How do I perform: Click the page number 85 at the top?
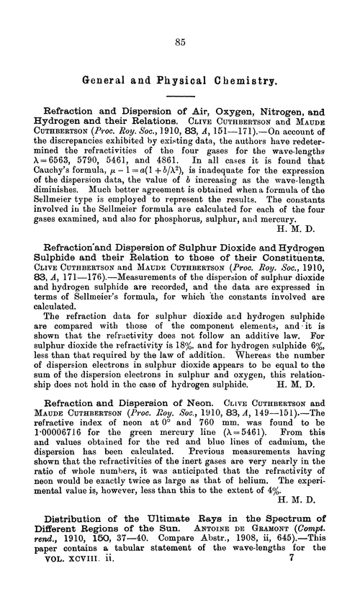click(x=180, y=42)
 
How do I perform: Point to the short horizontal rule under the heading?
click(x=179, y=96)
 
